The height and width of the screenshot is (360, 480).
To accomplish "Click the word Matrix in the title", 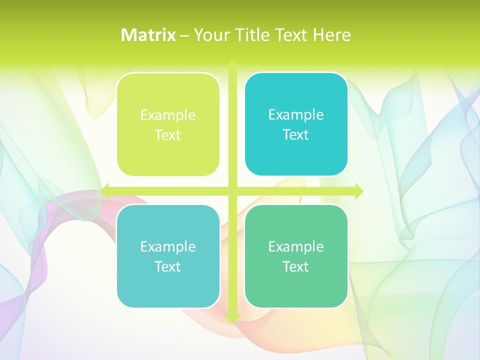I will (148, 35).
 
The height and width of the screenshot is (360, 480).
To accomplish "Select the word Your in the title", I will (210, 35).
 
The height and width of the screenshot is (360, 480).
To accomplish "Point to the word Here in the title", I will (332, 35).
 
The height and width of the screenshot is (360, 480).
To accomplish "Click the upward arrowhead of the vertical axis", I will (232, 64).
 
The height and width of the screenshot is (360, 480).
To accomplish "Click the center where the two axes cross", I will (232, 191).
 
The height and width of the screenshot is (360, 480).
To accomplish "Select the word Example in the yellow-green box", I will (168, 115).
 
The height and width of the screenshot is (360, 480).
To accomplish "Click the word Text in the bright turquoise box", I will (296, 135).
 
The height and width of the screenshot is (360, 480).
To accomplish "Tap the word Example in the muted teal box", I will (168, 246).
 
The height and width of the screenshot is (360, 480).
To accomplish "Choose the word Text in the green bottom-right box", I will (296, 266).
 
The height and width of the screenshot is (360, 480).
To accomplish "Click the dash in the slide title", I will (184, 35).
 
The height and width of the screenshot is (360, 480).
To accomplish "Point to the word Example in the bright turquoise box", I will (296, 115).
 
